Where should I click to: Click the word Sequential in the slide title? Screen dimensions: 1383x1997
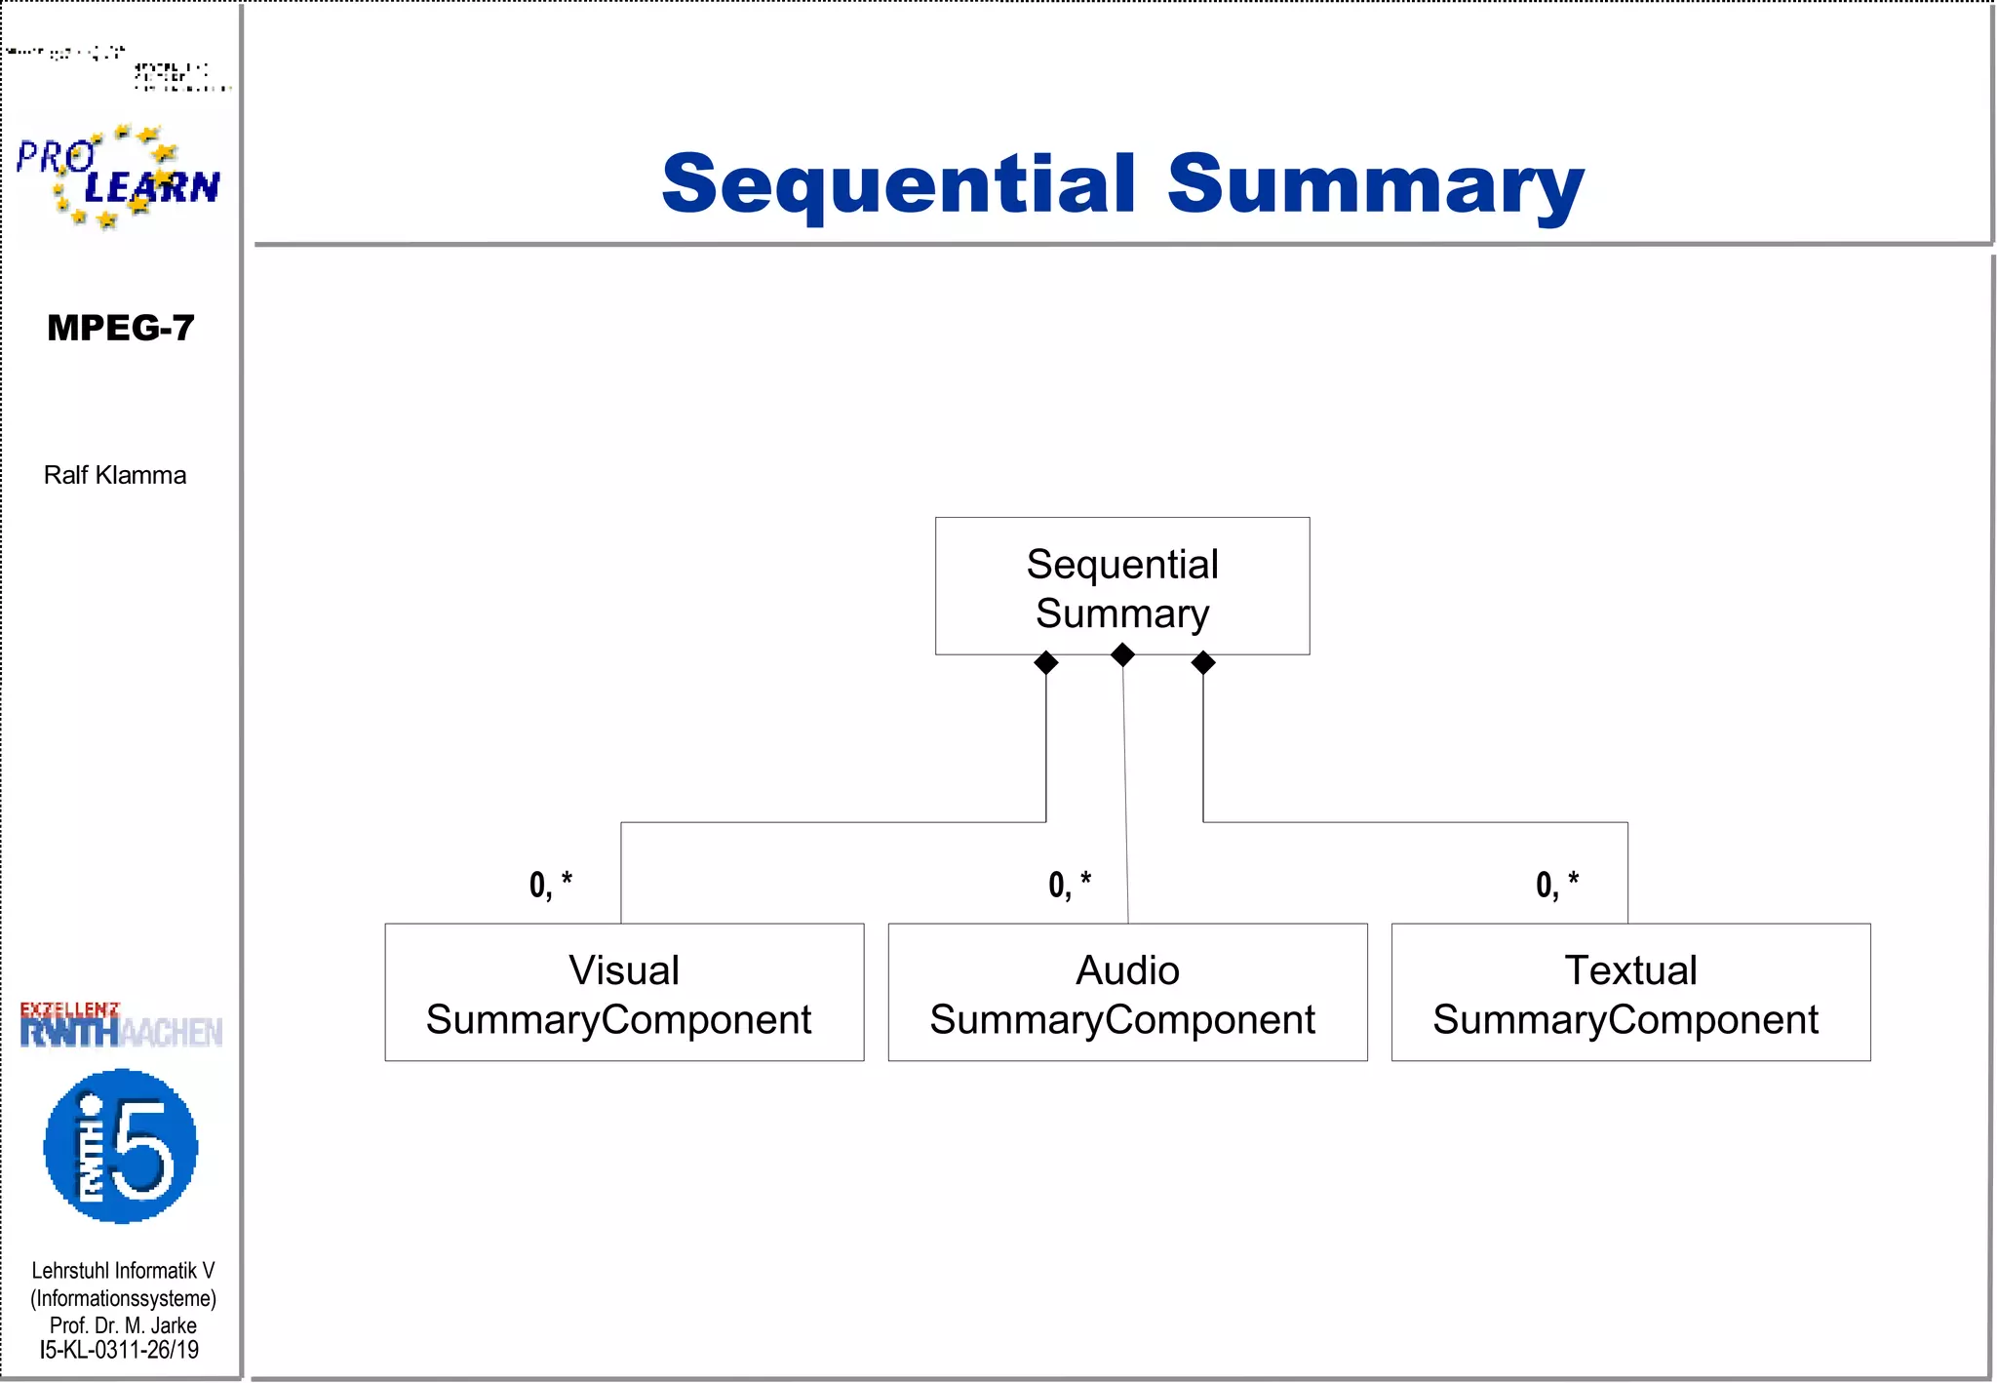click(898, 184)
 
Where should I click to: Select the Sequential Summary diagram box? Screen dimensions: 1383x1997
click(1121, 586)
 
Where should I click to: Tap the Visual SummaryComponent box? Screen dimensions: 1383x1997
click(624, 992)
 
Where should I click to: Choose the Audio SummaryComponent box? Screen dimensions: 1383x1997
click(1127, 992)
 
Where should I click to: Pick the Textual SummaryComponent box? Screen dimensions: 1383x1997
click(1630, 992)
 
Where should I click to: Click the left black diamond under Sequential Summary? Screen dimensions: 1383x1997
click(1046, 663)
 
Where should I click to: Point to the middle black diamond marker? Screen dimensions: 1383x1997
click(1122, 655)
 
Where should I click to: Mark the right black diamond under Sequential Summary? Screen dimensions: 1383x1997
click(1203, 663)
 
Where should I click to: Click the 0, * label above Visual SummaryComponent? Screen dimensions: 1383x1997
click(551, 885)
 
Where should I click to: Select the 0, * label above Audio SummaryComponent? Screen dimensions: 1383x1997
click(1070, 885)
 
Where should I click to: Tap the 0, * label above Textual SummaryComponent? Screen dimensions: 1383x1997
click(1557, 885)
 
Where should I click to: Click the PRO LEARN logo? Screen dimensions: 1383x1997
click(118, 177)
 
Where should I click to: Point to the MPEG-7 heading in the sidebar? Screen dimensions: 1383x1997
click(121, 328)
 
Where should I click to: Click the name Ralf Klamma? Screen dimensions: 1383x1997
click(115, 475)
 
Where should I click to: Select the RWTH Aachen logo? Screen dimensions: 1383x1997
click(121, 1026)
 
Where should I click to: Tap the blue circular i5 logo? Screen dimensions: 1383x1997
click(121, 1146)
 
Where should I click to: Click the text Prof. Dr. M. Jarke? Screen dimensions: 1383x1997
click(123, 1325)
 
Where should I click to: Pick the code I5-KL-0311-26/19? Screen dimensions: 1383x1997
click(119, 1351)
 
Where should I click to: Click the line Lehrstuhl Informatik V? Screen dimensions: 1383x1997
click(123, 1271)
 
